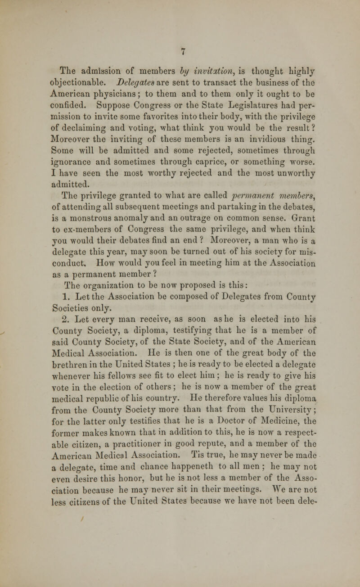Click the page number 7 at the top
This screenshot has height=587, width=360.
click(180, 50)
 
